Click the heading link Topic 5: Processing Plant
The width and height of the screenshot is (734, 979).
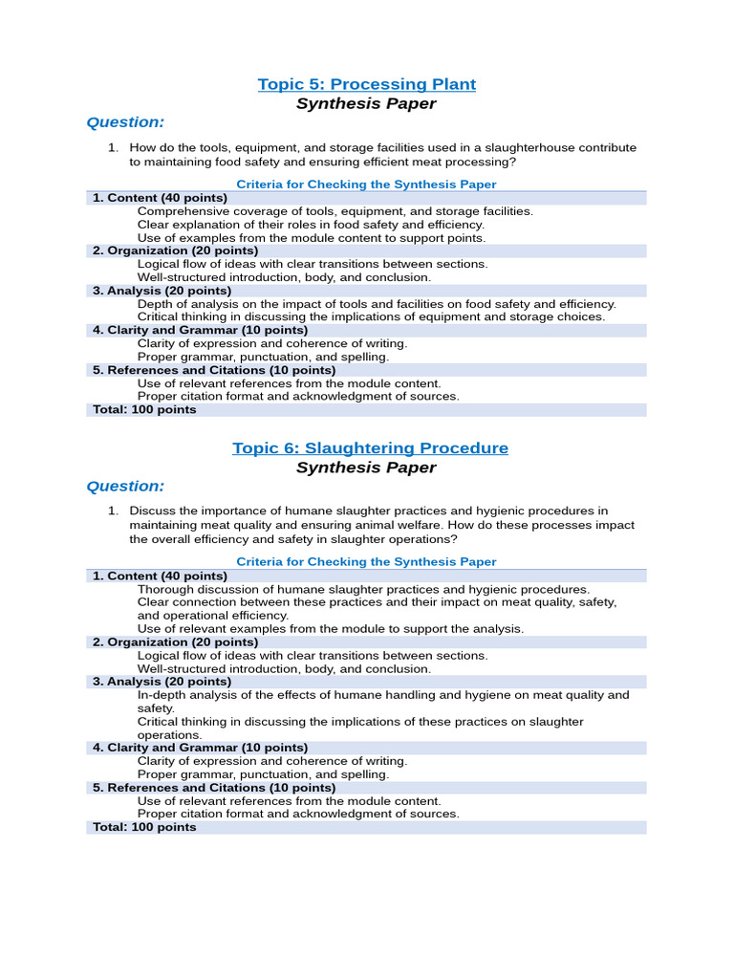point(367,84)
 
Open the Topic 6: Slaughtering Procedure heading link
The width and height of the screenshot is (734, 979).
point(370,447)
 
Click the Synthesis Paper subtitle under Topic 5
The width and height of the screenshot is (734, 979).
point(366,103)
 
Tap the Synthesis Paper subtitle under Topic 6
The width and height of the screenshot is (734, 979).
point(366,468)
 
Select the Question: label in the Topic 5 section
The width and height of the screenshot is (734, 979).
point(125,121)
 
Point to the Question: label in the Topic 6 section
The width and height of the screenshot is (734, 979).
point(125,486)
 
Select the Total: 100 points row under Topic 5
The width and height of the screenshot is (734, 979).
point(144,410)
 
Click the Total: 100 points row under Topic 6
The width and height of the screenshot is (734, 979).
point(144,827)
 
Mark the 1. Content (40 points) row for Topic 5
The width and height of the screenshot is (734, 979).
point(160,198)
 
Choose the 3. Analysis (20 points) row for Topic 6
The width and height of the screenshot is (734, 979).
point(162,682)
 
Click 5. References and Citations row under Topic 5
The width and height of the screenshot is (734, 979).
point(214,370)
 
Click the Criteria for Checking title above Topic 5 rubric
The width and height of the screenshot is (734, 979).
point(366,185)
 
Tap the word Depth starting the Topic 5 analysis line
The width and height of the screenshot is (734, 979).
point(155,304)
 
